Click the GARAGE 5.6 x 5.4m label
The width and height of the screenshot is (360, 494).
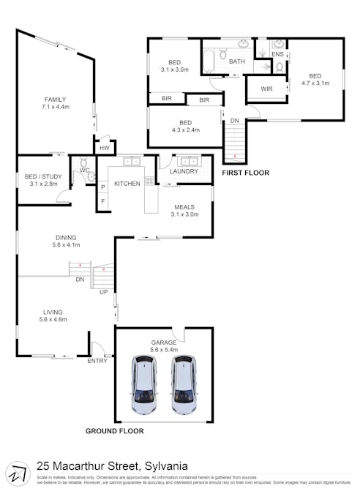[164, 345]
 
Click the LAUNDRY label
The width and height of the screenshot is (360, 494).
[184, 171]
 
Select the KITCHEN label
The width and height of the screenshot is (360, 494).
[127, 183]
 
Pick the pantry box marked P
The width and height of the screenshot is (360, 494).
[102, 187]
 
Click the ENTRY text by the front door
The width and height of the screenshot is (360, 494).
[97, 361]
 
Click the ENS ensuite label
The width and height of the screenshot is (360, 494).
[277, 54]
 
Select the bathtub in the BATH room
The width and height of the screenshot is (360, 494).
[212, 56]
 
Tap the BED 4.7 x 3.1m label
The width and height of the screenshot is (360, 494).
[315, 80]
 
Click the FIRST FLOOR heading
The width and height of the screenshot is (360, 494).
[245, 173]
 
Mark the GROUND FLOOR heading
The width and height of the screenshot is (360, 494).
[115, 431]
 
